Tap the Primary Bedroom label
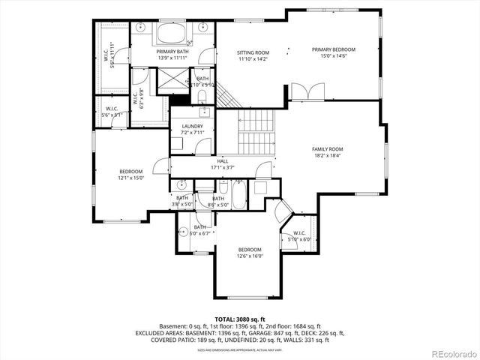click(x=334, y=49)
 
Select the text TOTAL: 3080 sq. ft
click(x=239, y=318)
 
